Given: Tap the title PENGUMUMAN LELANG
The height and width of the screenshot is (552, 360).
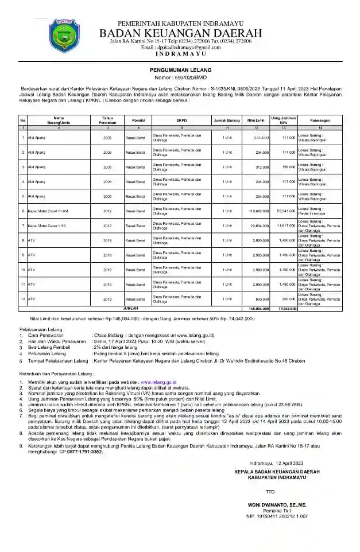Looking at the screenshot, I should coord(179,68).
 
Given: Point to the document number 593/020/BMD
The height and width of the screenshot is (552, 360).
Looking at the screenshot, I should coord(180,77).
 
